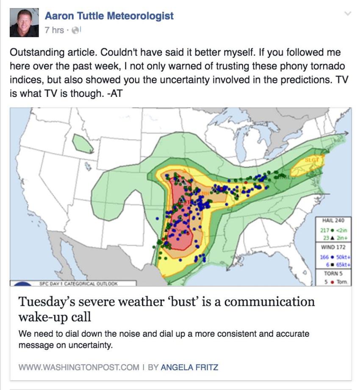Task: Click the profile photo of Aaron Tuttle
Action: point(24,23)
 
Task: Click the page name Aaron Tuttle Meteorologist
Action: point(109,16)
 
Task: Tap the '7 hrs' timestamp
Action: point(54,30)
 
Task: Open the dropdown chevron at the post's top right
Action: point(348,14)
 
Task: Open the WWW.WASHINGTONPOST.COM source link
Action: point(79,367)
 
